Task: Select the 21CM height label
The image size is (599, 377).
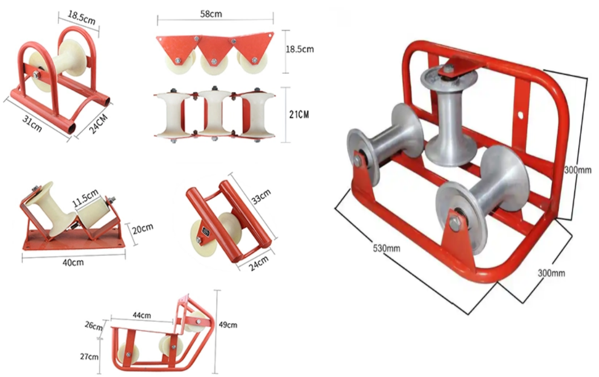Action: point(299,114)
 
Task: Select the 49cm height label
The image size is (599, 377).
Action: point(228,325)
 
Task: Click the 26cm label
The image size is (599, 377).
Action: point(93,327)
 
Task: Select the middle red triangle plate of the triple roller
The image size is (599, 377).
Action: point(214,47)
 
